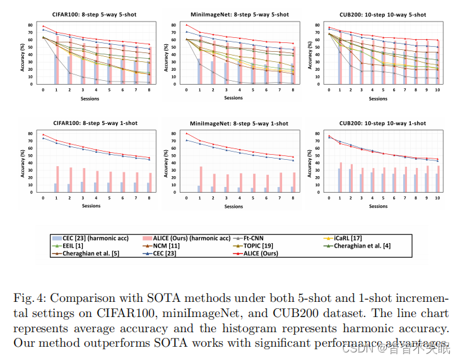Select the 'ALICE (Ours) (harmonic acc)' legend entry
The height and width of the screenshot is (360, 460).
188,238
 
